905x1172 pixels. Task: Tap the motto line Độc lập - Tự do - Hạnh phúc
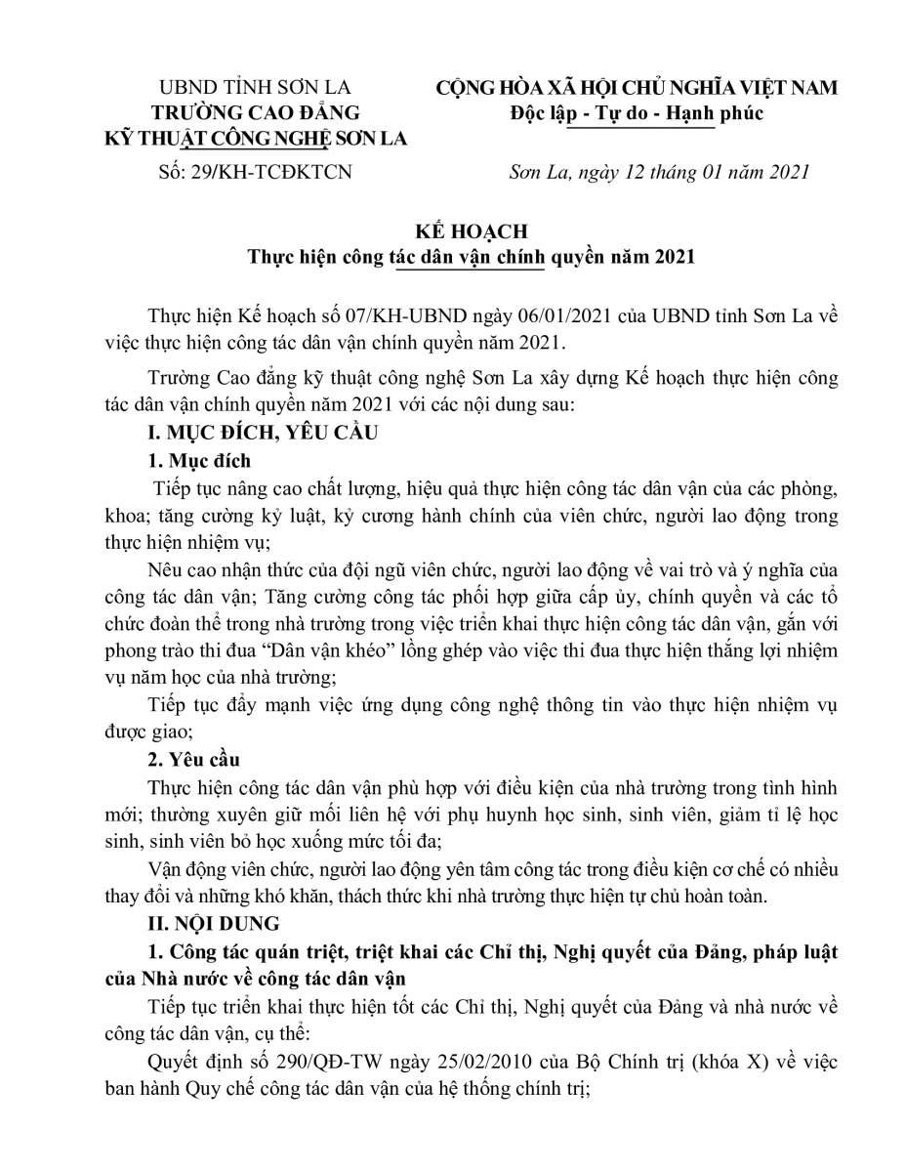[637, 113]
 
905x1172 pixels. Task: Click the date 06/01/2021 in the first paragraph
[494, 317]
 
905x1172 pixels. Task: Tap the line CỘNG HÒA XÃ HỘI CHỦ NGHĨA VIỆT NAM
[637, 88]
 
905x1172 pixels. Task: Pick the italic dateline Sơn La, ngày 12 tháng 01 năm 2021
[660, 174]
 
